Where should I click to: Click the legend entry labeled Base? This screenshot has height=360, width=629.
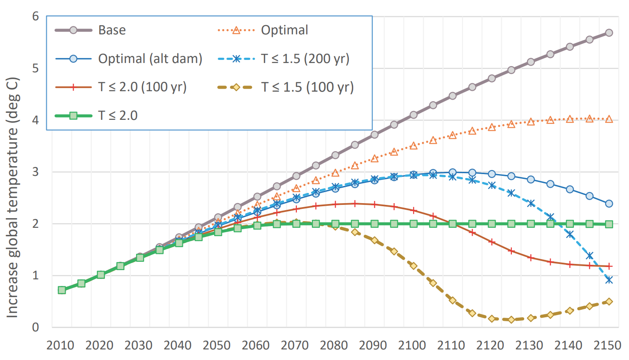[112, 30]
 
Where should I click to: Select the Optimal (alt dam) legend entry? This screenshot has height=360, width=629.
[150, 59]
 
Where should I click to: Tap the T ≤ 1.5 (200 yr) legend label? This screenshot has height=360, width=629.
[305, 59]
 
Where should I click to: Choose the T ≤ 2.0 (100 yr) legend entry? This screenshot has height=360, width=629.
[143, 87]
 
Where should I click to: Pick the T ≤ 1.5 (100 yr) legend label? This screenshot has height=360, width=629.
[307, 87]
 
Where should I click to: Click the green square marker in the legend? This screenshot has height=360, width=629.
[74, 115]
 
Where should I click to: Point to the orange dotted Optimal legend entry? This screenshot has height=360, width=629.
[284, 30]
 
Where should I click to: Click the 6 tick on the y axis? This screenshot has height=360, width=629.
[36, 17]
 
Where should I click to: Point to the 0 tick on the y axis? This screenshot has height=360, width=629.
[36, 327]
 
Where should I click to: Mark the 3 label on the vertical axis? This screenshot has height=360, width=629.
[36, 172]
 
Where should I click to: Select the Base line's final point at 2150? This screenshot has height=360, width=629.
[609, 33]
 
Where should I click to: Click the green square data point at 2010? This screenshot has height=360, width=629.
[62, 290]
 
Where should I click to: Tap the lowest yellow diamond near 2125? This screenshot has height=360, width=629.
[511, 319]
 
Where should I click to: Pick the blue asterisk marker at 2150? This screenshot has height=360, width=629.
[609, 280]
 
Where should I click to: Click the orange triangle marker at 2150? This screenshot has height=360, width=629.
[609, 119]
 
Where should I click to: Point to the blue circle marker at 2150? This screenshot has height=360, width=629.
[609, 204]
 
